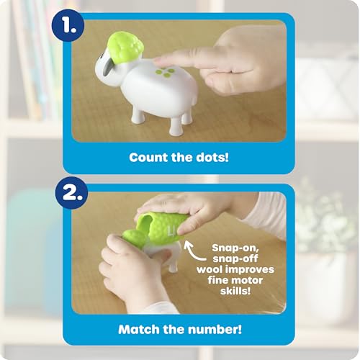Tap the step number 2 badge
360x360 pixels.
coord(71,193)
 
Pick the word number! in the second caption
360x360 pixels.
coord(215,329)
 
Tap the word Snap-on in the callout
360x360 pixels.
coord(235,248)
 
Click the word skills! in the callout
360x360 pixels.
coord(235,291)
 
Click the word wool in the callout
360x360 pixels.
coord(207,269)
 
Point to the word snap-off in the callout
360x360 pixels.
coord(235,259)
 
